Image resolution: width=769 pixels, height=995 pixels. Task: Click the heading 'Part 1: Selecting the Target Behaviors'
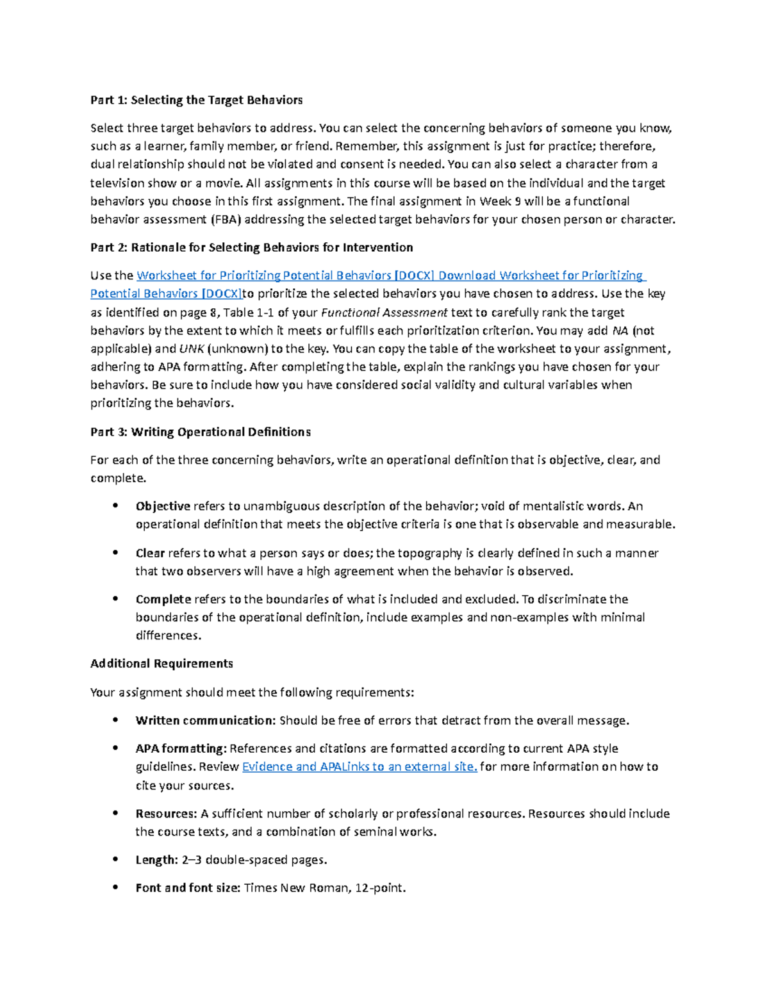196,100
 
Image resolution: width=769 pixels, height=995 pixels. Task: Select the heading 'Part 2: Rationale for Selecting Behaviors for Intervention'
251,247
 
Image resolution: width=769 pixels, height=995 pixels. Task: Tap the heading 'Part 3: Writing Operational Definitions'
200,432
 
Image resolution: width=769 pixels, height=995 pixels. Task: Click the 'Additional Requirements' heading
161,664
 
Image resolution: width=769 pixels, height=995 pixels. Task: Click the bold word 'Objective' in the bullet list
163,506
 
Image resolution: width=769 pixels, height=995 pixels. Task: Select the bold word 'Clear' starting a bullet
150,553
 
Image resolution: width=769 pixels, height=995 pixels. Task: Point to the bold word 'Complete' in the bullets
163,599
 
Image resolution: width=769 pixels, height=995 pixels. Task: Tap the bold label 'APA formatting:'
181,748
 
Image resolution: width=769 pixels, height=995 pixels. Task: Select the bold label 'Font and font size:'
188,888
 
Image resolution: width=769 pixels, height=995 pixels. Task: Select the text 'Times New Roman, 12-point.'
325,888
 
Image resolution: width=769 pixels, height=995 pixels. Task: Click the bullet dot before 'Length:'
115,859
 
